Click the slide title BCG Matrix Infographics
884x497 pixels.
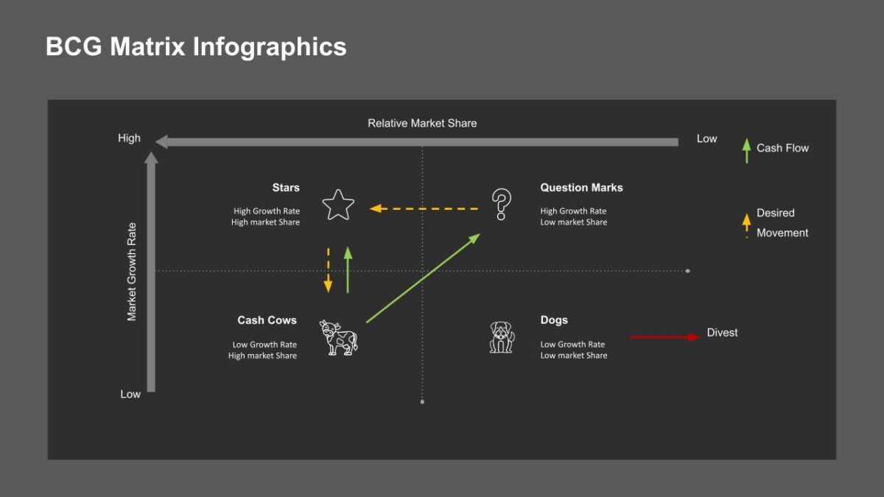coord(196,46)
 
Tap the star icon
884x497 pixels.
coord(338,205)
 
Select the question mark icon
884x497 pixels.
coord(502,204)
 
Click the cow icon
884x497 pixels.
coord(338,337)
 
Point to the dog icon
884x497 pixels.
coord(502,336)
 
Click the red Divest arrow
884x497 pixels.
coord(663,337)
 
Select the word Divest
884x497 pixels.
coord(722,333)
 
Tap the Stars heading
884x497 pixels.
coord(286,188)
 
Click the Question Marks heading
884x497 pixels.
coord(581,188)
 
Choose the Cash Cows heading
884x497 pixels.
coord(267,320)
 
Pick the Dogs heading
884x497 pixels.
coord(554,320)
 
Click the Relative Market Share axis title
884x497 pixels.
coord(422,123)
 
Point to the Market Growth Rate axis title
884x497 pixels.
coord(133,272)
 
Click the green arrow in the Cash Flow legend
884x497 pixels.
coord(746,150)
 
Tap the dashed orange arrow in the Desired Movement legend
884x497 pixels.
coord(746,223)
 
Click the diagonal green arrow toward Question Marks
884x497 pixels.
coord(423,278)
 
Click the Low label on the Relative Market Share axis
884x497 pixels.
coord(706,138)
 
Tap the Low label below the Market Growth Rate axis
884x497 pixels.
coord(130,394)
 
